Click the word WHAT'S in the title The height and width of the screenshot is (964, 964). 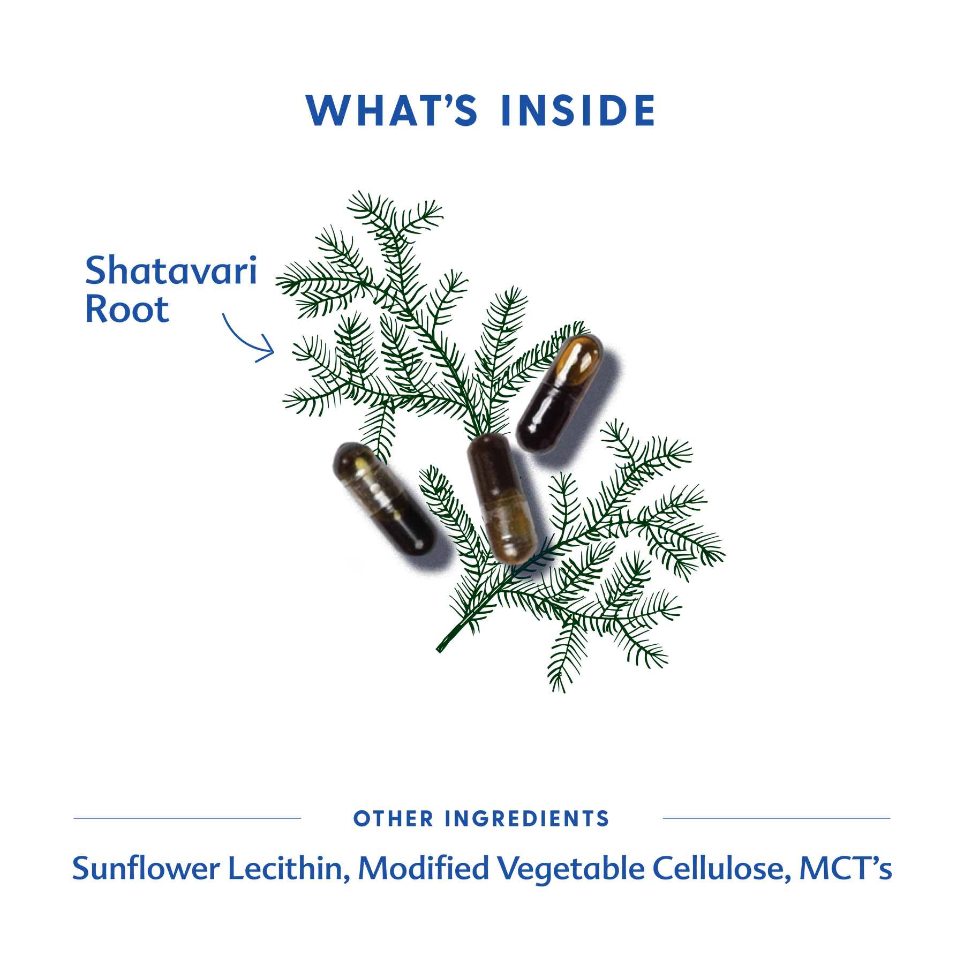pyautogui.click(x=391, y=111)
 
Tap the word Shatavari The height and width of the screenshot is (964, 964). pyautogui.click(x=171, y=271)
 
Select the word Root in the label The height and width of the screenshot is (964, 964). pyautogui.click(x=127, y=310)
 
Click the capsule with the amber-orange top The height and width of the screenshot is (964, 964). pyautogui.click(x=558, y=394)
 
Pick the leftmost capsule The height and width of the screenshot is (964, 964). pyautogui.click(x=383, y=496)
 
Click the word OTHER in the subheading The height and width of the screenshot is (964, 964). pyautogui.click(x=393, y=819)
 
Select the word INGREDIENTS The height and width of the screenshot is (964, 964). pyautogui.click(x=527, y=819)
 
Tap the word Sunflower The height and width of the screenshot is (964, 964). pyautogui.click(x=146, y=869)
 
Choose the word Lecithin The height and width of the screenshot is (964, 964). pyautogui.click(x=289, y=869)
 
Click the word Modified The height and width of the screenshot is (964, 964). pyautogui.click(x=423, y=869)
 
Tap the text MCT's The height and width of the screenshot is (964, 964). pyautogui.click(x=845, y=868)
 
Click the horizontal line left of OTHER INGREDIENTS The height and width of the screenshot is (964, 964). pyautogui.click(x=187, y=818)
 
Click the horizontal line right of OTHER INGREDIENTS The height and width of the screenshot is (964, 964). pyautogui.click(x=777, y=818)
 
